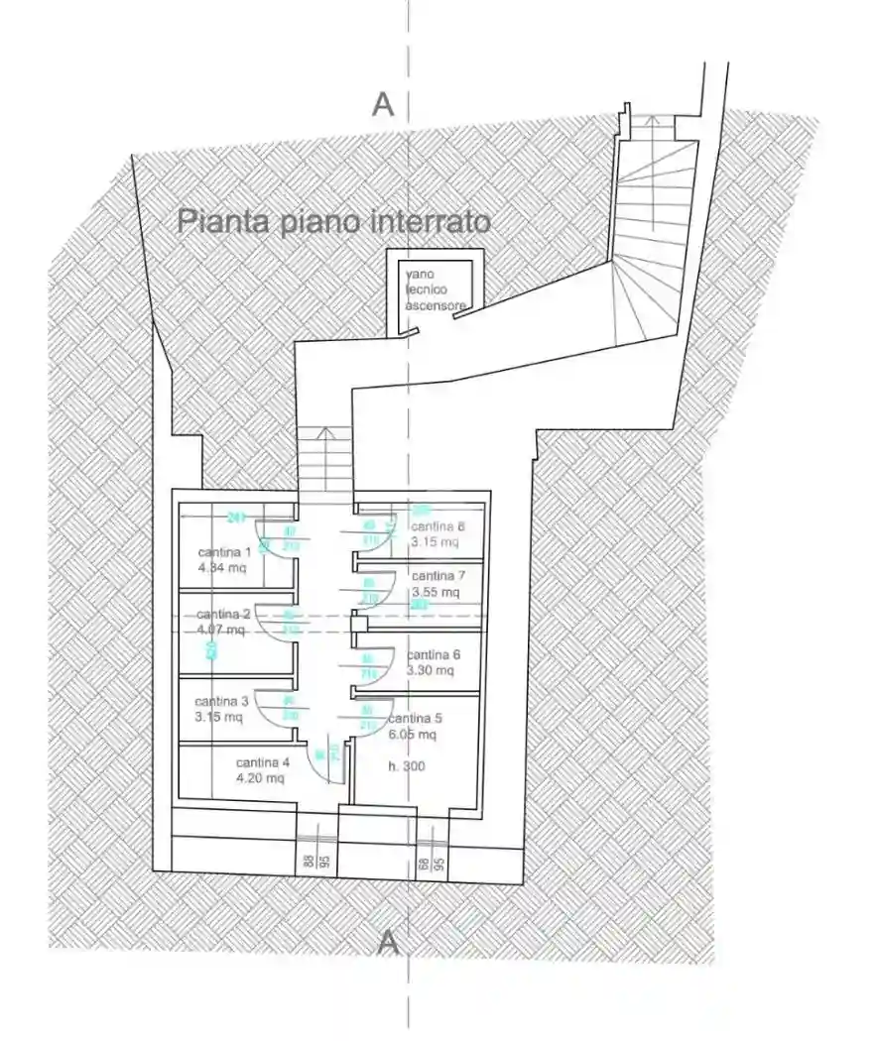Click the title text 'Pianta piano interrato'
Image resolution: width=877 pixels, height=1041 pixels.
(x=333, y=221)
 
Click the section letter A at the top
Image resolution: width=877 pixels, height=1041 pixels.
(x=384, y=103)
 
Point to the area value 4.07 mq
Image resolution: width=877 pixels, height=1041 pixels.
(x=221, y=630)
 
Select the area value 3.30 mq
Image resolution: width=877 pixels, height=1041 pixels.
(x=431, y=670)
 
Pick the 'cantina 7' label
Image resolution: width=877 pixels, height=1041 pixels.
(x=438, y=575)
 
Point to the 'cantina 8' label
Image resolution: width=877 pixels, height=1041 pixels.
(x=438, y=526)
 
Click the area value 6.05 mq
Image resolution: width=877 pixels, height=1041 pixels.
(x=413, y=735)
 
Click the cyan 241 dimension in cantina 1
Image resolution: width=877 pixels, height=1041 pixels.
(x=236, y=517)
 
